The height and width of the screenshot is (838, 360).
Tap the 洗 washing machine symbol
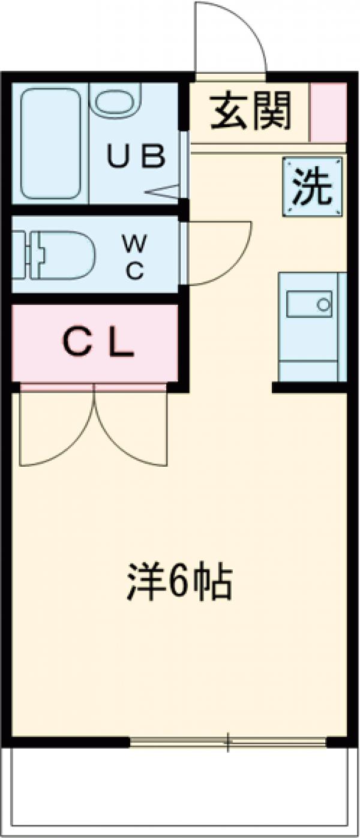[x=312, y=187]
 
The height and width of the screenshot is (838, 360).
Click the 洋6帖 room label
[x=179, y=581]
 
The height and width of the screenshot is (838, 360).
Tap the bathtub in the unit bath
[x=50, y=144]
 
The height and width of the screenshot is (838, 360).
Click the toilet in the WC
[x=57, y=255]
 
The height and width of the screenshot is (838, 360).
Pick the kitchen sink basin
[x=309, y=304]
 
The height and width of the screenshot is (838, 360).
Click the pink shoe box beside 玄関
[x=328, y=112]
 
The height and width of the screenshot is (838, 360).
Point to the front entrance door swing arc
[x=231, y=36]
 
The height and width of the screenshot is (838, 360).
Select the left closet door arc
[x=57, y=429]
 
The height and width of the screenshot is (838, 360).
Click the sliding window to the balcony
[x=228, y=741]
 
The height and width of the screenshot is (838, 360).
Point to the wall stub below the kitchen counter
[x=310, y=388]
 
